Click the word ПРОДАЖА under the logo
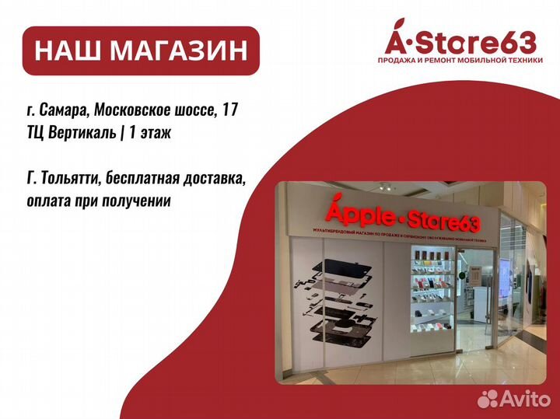tap(399, 61)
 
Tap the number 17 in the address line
tap(229, 112)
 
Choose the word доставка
tap(213, 180)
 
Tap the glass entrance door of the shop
tap(498, 311)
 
